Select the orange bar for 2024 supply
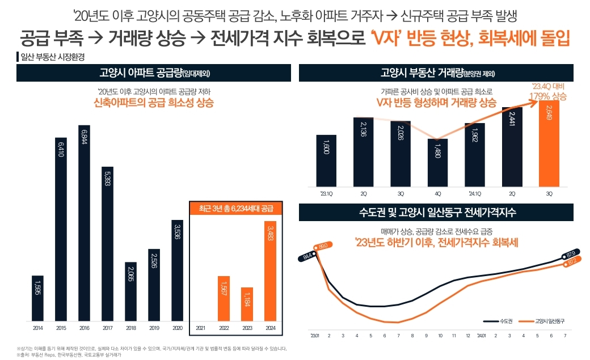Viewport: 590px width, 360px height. (x=271, y=271)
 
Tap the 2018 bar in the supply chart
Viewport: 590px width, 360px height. (x=130, y=291)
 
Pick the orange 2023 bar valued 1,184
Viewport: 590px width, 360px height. (x=247, y=304)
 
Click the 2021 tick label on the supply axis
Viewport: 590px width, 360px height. (x=201, y=328)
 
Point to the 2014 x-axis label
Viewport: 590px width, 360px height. (x=37, y=328)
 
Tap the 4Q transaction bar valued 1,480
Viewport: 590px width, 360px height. (x=437, y=163)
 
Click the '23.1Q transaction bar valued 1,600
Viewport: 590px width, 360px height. (x=327, y=161)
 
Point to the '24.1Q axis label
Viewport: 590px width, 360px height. (x=474, y=193)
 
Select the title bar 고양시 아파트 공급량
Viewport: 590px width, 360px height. (x=154, y=73)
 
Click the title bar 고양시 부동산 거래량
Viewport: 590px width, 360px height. (x=438, y=73)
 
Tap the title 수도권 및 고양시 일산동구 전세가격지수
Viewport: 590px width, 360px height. (x=438, y=213)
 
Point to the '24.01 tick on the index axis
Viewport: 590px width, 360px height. (x=481, y=336)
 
